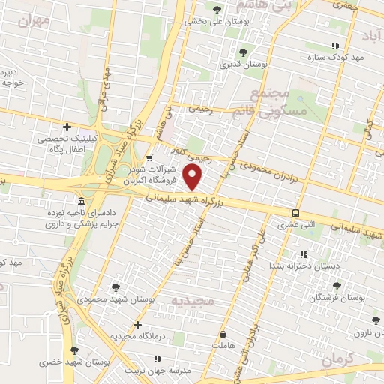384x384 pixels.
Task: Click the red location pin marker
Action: point(194,177)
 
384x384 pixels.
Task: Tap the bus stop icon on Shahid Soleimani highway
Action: point(296,213)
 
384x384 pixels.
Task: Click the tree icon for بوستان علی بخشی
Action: point(217,10)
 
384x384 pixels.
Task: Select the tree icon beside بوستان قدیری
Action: point(242,52)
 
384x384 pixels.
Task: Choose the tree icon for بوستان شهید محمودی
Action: point(115,286)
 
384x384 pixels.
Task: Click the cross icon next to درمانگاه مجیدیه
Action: point(136,325)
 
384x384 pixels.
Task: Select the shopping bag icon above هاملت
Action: point(222,333)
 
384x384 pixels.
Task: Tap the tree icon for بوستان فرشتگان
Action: point(335,286)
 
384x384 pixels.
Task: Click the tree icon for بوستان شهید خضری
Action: point(73,350)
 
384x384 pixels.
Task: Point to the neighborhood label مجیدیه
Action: point(193,301)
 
